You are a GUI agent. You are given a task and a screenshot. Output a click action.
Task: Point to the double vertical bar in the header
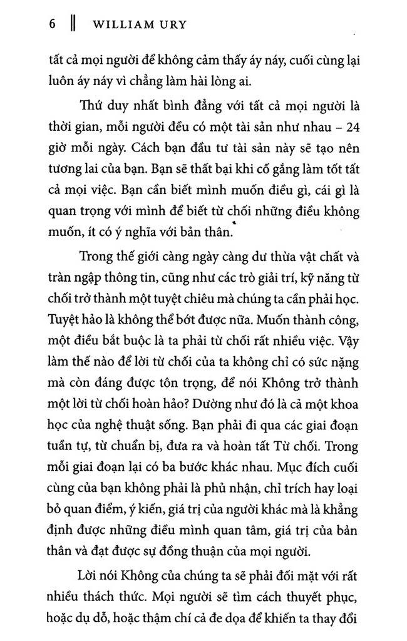point(72,26)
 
